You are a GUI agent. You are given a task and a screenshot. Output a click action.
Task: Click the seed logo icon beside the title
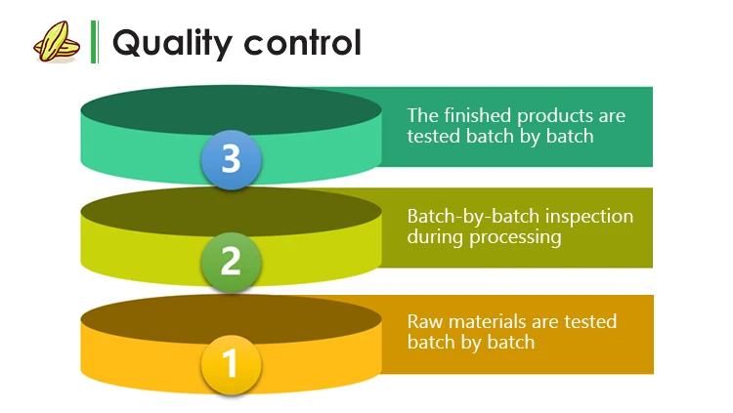pos(54,42)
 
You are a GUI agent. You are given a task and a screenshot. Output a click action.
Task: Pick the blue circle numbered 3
pos(231,159)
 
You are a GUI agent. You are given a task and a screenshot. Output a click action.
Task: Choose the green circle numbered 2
pos(231,261)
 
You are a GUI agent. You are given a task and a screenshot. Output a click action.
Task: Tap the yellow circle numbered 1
pos(231,364)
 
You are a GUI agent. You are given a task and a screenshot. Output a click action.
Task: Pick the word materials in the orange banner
pos(492,321)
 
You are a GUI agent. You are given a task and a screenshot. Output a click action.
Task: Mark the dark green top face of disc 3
pos(231,110)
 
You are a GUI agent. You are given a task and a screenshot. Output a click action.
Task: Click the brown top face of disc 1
pos(231,317)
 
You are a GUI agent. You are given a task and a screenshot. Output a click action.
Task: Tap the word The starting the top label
pos(422,115)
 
